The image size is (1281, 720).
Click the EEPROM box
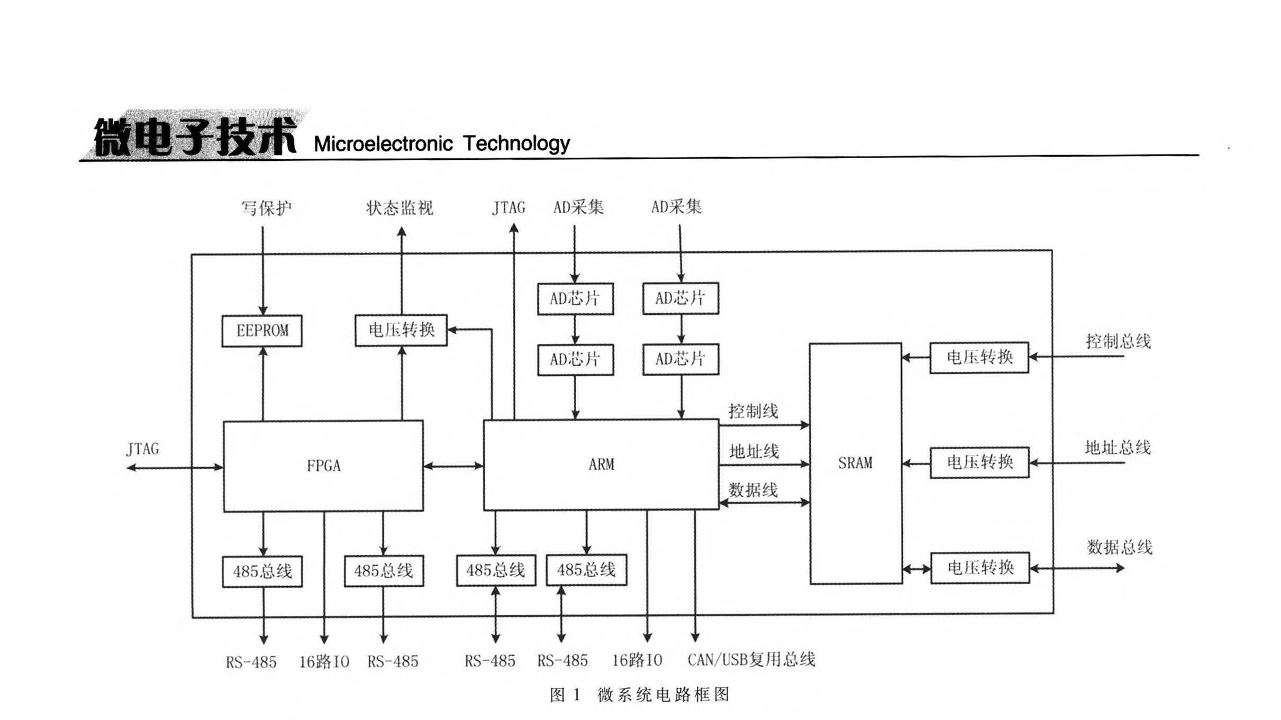262,331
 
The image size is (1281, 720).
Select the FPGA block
323,466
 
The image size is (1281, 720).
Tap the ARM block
601,464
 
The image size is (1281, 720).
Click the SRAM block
855,463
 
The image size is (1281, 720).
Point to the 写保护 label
266,208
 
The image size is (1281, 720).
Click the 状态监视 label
399,208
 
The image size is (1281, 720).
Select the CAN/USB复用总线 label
751,660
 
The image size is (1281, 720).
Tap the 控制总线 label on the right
1118,341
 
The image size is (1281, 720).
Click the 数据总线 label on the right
1120,547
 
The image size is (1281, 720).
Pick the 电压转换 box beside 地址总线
979,462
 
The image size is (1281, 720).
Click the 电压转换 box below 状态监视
401,330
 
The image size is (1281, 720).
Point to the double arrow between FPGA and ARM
453,466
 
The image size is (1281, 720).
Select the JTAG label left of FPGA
142,449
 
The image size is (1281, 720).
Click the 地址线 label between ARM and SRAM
754,451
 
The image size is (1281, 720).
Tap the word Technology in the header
516,143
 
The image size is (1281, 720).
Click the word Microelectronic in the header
383,144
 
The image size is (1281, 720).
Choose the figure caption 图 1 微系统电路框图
640,695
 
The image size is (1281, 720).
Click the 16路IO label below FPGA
324,661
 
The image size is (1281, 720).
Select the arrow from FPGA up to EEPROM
263,384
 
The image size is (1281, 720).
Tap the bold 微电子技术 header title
195,136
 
